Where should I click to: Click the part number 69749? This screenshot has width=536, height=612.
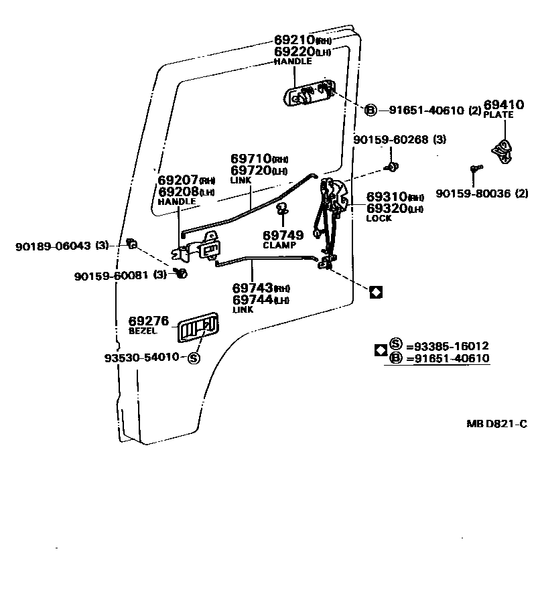(x=283, y=235)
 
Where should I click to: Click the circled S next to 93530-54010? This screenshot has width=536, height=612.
(x=194, y=358)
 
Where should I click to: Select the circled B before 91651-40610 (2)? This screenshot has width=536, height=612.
(x=372, y=110)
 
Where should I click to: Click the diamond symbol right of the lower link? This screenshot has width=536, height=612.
(x=376, y=291)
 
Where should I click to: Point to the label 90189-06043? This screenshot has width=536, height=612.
(x=53, y=246)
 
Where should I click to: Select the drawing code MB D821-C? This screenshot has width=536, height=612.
(x=497, y=424)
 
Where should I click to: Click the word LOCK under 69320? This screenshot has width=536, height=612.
(x=379, y=218)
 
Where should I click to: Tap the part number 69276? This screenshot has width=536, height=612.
(x=149, y=321)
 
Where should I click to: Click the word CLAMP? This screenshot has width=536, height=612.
(x=279, y=245)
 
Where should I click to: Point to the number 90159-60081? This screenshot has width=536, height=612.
(x=113, y=275)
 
